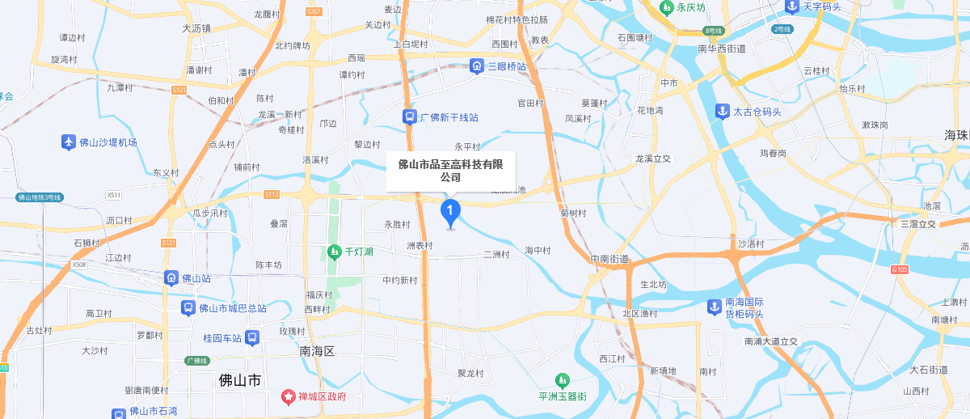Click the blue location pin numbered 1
[450, 212]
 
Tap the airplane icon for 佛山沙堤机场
[69, 142]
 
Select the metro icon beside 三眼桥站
[477, 66]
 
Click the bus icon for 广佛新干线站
[410, 117]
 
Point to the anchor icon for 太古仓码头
[722, 112]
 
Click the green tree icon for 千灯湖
[335, 252]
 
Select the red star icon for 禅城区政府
[288, 396]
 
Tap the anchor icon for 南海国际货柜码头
[714, 307]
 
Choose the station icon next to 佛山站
[171, 278]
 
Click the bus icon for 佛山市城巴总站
[188, 308]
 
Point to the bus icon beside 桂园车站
[252, 337]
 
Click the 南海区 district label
[317, 351]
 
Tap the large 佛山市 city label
[240, 379]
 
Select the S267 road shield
[314, 11]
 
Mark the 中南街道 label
[609, 259]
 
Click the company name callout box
[450, 171]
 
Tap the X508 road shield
[78, 265]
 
